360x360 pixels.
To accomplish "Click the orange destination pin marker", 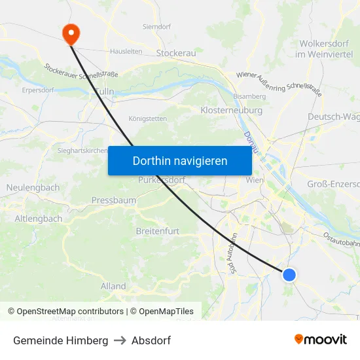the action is point(70,33).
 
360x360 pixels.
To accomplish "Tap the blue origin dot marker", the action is point(289,275).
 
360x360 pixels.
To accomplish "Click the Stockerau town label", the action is point(177,52).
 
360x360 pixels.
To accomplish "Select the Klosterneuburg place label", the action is point(232,111).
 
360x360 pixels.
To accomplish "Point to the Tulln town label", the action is point(105,92).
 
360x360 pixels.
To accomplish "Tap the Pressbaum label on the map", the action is point(114,200).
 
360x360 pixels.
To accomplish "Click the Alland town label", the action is point(113,286).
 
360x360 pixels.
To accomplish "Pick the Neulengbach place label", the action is point(33,188).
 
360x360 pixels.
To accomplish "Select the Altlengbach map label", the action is point(38,218).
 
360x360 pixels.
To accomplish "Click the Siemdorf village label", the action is point(157,27).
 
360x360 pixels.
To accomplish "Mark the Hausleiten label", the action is point(126,51).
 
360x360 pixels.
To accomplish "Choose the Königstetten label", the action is point(147,118).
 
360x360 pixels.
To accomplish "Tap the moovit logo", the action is point(321,340).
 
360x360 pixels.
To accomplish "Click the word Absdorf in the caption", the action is point(151,340).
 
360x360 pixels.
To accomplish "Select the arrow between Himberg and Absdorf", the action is point(120,340).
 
